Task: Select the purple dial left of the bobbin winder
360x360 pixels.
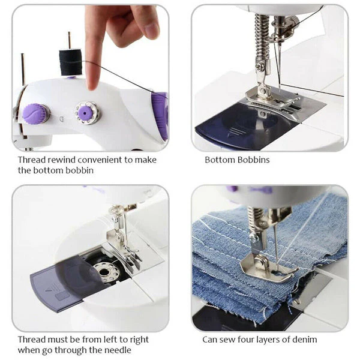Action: click(35, 113)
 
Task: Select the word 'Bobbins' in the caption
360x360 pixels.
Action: click(253, 160)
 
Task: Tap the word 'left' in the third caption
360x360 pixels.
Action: click(100, 340)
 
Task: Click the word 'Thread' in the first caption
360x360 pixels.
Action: click(31, 160)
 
